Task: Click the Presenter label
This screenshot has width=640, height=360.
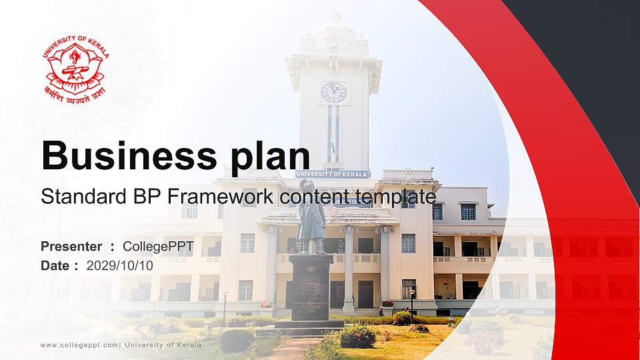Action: [x=71, y=247]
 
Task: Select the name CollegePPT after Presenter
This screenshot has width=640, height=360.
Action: [x=158, y=247]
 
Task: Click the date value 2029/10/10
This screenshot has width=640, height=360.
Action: [x=119, y=265]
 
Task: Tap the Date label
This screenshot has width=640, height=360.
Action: [x=55, y=265]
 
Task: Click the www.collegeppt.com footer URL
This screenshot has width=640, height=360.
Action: [x=79, y=345]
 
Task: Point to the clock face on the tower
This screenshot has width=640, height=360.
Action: [x=333, y=92]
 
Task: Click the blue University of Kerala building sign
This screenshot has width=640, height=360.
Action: [x=333, y=174]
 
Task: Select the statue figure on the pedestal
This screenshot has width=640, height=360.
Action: [x=311, y=217]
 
